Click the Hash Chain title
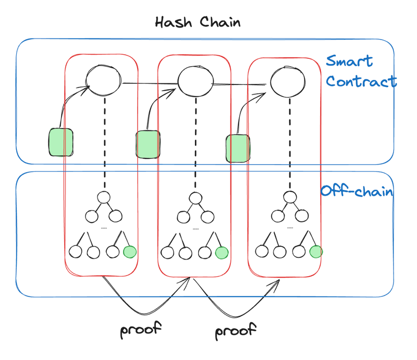click(x=198, y=22)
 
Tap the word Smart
click(x=350, y=61)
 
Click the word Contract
click(x=361, y=82)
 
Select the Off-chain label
click(x=357, y=191)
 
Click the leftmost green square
click(x=60, y=142)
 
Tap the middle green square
click(x=148, y=144)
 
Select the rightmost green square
click(x=238, y=148)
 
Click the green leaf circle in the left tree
click(x=130, y=252)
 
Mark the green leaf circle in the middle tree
click(x=222, y=253)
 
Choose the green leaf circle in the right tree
click(x=315, y=252)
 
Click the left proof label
click(x=141, y=329)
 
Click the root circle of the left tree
click(x=104, y=197)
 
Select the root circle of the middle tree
click(x=195, y=198)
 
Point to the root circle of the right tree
click(x=289, y=197)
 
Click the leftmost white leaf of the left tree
click(x=76, y=252)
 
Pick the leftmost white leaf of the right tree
click(x=262, y=251)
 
